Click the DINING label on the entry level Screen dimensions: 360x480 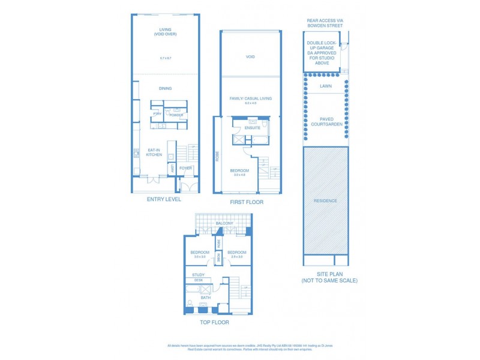pyautogui.click(x=165, y=88)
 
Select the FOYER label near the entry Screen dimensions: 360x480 pyautogui.click(x=186, y=168)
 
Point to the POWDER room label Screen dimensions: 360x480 pyautogui.click(x=176, y=115)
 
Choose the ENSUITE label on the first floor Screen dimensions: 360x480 pyautogui.click(x=253, y=128)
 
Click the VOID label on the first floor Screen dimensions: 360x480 pyautogui.click(x=250, y=57)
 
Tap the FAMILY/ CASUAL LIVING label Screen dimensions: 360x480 pyautogui.click(x=250, y=98)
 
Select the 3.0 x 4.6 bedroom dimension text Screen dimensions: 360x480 pyautogui.click(x=239, y=175)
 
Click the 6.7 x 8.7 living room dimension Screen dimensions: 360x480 pyautogui.click(x=166, y=58)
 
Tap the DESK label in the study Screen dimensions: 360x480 pyautogui.click(x=198, y=280)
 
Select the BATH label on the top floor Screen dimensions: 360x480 pyautogui.click(x=206, y=298)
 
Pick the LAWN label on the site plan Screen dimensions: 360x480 pyautogui.click(x=325, y=86)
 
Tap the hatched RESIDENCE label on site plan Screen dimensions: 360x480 pyautogui.click(x=325, y=200)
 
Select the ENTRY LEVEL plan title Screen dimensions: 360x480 pyautogui.click(x=164, y=199)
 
